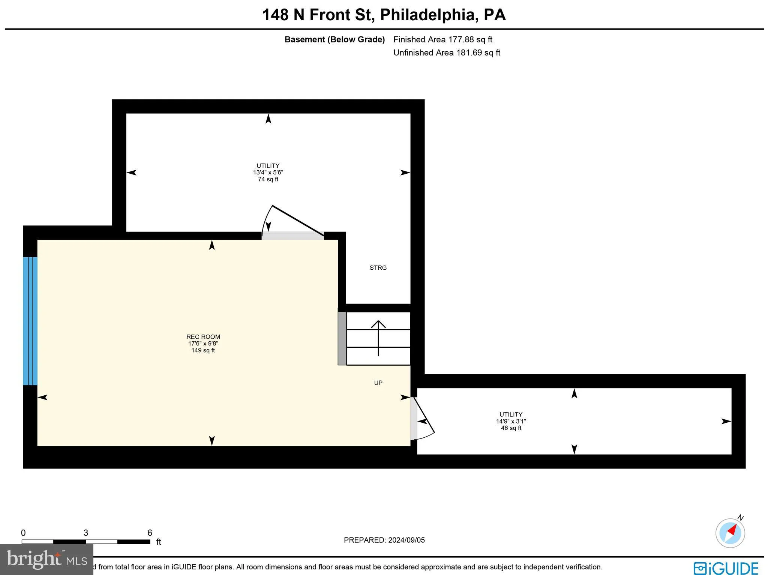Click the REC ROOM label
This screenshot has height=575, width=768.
tap(203, 337)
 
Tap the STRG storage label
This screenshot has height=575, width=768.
tap(378, 268)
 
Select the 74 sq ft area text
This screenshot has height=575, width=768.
tap(268, 179)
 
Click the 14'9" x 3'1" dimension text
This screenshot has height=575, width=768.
tap(511, 421)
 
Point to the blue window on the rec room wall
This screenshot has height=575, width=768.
tap(30, 321)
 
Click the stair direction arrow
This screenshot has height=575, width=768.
tap(378, 338)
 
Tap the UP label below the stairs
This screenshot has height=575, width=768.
tap(378, 383)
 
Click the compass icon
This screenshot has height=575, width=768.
tap(730, 533)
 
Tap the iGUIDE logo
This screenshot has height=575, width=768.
tap(725, 568)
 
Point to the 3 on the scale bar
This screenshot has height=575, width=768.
tap(86, 533)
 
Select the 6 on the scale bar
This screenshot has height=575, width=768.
tap(150, 533)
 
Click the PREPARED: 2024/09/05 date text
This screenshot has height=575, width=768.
tap(384, 540)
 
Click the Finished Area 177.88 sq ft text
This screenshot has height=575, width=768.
tap(442, 39)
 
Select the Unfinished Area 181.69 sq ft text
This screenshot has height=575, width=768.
tap(447, 53)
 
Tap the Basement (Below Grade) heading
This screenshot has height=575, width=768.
tap(334, 39)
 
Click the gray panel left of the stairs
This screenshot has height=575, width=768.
tap(342, 338)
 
